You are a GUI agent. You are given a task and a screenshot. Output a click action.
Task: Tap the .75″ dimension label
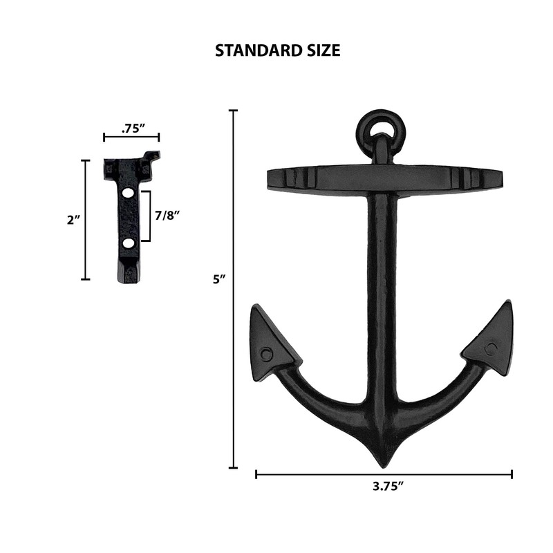tap(131, 128)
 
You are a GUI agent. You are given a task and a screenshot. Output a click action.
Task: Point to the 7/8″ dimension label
tap(167, 216)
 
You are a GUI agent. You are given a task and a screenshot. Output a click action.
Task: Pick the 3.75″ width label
tap(384, 487)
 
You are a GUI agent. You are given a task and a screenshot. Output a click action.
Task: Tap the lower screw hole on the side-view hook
tap(129, 243)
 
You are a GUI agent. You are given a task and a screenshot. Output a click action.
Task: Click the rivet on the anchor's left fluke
tap(267, 353)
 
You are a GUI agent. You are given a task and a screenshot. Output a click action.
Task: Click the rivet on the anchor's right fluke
tap(491, 348)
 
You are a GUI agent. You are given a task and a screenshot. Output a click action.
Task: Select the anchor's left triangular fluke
tap(272, 339)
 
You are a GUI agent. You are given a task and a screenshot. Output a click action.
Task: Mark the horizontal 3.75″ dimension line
tap(384, 474)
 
